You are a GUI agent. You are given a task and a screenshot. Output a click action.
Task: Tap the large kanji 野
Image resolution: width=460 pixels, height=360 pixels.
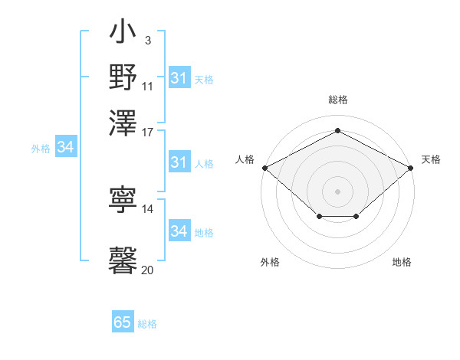tap(123, 77)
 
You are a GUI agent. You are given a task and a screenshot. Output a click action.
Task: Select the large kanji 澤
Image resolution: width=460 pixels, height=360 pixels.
tap(123, 120)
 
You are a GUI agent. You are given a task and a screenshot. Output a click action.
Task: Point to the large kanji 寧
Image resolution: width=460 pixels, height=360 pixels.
tap(123, 200)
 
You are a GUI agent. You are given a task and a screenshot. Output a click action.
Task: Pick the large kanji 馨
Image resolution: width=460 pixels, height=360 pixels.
tap(123, 259)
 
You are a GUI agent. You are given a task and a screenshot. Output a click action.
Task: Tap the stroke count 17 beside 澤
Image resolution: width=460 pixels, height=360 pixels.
tap(148, 131)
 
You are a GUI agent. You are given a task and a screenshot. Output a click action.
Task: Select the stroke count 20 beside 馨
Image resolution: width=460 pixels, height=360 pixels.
tap(148, 270)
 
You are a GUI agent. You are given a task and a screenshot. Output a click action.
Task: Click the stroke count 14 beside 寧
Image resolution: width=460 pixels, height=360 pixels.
tap(148, 208)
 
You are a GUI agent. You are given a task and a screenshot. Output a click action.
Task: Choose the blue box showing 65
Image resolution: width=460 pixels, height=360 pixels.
tap(123, 322)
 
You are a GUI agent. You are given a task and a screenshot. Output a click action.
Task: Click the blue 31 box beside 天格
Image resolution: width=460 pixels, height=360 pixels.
tap(179, 78)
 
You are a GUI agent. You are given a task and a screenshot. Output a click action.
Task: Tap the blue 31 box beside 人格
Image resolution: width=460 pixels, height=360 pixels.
tap(179, 162)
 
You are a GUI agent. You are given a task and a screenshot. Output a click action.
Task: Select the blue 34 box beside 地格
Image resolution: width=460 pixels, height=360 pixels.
tap(179, 231)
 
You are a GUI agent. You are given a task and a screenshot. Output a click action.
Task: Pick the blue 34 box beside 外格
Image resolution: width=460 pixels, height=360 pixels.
tap(66, 148)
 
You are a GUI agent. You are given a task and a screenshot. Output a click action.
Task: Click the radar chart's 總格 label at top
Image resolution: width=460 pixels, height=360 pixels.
tap(338, 100)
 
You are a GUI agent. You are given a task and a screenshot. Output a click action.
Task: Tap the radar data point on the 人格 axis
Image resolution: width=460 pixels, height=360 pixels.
tap(264, 168)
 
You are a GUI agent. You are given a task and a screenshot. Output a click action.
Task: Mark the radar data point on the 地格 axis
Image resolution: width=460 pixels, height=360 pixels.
tap(356, 218)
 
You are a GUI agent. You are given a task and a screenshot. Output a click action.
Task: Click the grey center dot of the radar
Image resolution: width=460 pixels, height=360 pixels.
tap(338, 191)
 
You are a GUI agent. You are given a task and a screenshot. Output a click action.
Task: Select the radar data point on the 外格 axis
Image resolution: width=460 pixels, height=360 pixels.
tap(319, 218)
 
